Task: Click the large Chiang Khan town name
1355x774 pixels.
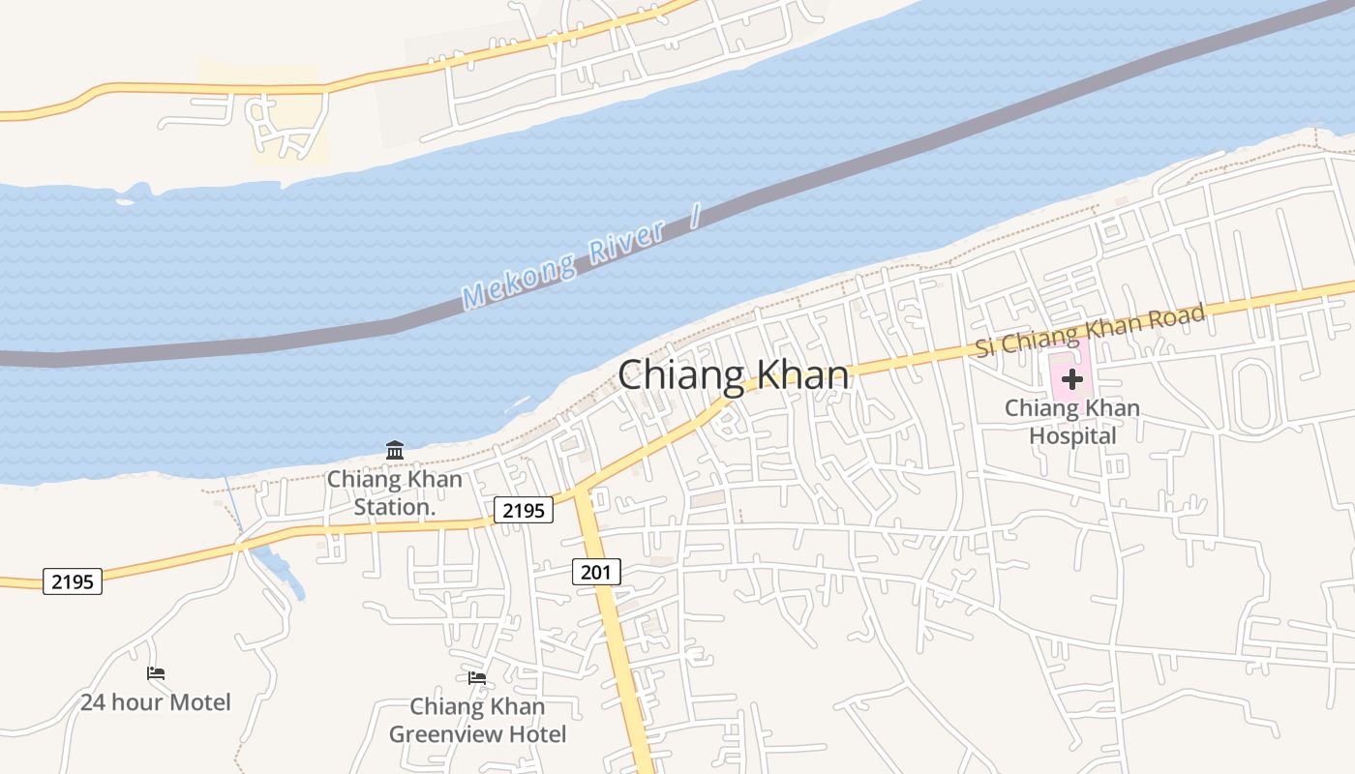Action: tap(734, 375)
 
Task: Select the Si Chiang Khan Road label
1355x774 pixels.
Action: tap(1090, 331)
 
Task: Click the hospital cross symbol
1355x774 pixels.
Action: tap(1071, 379)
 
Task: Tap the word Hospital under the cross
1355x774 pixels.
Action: tap(1072, 436)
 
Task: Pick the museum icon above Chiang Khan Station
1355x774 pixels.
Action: tap(395, 450)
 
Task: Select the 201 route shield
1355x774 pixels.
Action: tap(596, 572)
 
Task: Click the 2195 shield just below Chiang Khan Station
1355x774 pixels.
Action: tap(524, 510)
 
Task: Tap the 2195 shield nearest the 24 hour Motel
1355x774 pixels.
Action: tap(73, 581)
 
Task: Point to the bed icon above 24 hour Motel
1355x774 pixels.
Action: tap(156, 673)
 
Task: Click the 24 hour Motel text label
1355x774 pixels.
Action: tap(156, 702)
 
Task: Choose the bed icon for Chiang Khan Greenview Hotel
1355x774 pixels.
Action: tap(477, 678)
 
